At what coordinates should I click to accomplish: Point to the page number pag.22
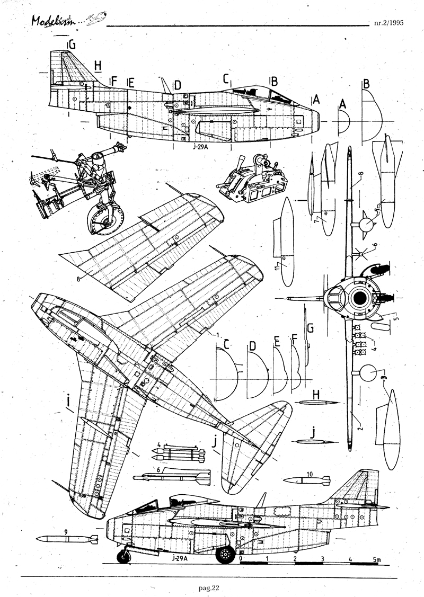click(207, 587)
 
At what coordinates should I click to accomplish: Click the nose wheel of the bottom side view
click(123, 556)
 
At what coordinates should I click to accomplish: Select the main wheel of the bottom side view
click(226, 555)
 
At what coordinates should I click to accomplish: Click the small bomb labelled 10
click(307, 480)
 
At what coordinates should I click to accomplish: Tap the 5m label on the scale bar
click(376, 559)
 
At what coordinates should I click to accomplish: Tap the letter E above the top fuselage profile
click(131, 83)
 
